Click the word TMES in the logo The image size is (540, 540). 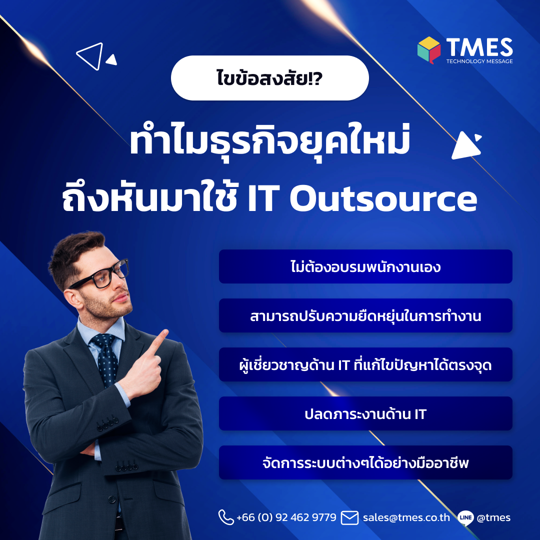(x=479, y=47)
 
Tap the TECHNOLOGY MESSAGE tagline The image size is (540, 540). (x=479, y=61)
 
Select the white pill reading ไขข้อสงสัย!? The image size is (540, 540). (x=270, y=78)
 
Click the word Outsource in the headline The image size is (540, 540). (x=383, y=199)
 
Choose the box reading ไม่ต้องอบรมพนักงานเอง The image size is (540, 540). (x=365, y=266)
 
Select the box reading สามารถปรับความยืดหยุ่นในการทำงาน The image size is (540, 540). (x=365, y=315)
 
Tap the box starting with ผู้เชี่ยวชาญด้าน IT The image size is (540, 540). (x=365, y=364)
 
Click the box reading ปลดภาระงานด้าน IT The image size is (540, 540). (x=365, y=413)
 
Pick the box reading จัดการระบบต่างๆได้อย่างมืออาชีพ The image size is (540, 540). (x=365, y=462)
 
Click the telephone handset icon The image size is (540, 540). (x=226, y=517)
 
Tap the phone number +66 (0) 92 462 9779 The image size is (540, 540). (x=286, y=517)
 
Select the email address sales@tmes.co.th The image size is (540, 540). (x=406, y=517)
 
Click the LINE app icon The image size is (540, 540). (x=465, y=517)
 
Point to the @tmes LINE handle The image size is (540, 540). (x=493, y=517)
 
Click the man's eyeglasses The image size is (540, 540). (x=102, y=276)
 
